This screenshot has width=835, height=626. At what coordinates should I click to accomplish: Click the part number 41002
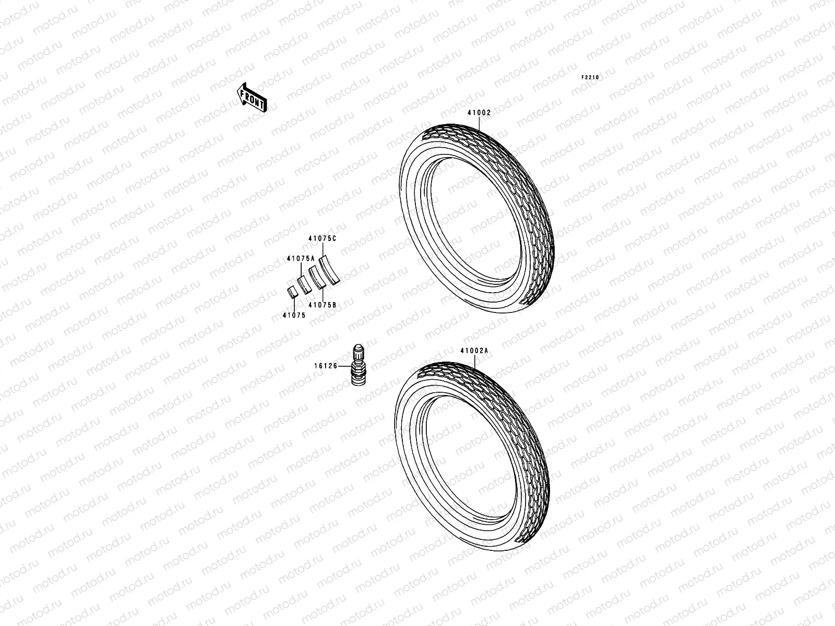479,113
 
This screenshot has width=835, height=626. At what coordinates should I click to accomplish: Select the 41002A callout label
474,351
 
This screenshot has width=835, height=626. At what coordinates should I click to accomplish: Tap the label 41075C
323,239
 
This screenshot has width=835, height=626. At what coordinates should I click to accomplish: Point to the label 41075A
301,258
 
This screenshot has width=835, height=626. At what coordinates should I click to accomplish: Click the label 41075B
323,305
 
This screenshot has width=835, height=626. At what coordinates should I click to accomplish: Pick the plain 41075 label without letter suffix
294,315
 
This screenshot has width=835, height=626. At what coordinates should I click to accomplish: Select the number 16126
326,366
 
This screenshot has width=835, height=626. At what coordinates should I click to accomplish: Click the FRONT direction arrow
252,98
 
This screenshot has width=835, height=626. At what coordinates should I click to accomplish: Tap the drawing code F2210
590,78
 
